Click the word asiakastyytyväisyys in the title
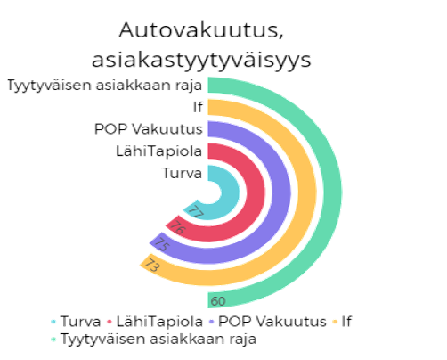(201, 61)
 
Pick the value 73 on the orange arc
(151, 265)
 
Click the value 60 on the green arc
(218, 301)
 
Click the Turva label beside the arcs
(182, 173)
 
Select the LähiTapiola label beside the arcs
(159, 151)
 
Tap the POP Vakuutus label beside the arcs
(149, 129)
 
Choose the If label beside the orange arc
(198, 107)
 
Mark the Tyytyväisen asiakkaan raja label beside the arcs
(105, 86)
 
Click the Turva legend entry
(76, 322)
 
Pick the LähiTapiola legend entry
(155, 322)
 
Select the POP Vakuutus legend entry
(268, 322)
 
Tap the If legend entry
(342, 322)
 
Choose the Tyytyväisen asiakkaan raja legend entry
(153, 339)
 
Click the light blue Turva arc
(231, 192)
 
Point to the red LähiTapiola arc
(256, 192)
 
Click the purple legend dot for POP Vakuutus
(212, 322)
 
